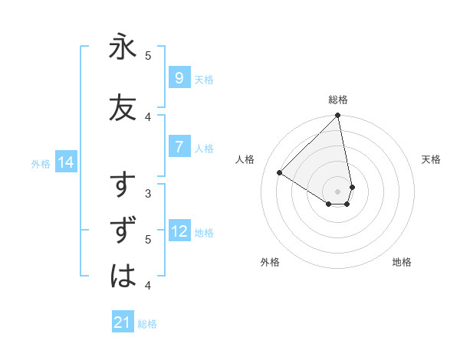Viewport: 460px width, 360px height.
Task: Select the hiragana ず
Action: [x=123, y=231]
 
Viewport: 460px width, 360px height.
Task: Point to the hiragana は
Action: [x=123, y=276]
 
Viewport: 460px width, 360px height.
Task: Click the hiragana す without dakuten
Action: [x=123, y=186]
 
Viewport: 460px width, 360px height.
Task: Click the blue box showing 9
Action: [x=179, y=78]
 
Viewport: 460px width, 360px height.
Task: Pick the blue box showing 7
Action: [x=179, y=148]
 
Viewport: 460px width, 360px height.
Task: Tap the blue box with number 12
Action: [x=179, y=232]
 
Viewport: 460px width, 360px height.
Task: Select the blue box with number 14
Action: [x=65, y=162]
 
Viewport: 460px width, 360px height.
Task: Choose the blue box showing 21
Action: [x=123, y=323]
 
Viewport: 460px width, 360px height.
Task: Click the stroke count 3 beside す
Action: [x=148, y=193]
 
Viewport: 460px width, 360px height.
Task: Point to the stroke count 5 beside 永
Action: [x=148, y=55]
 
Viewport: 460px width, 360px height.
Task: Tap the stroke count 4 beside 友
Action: [x=148, y=116]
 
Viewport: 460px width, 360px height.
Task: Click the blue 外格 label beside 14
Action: [x=41, y=163]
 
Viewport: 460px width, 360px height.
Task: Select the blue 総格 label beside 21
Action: [x=147, y=324]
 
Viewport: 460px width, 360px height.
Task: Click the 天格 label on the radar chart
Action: [x=431, y=159]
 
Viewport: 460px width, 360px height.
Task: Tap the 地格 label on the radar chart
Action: [x=402, y=262]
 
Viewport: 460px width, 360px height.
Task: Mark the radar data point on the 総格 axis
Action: [x=338, y=116]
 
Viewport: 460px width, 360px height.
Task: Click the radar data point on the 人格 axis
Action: [x=280, y=173]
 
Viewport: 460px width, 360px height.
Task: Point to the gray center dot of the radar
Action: [x=338, y=191]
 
